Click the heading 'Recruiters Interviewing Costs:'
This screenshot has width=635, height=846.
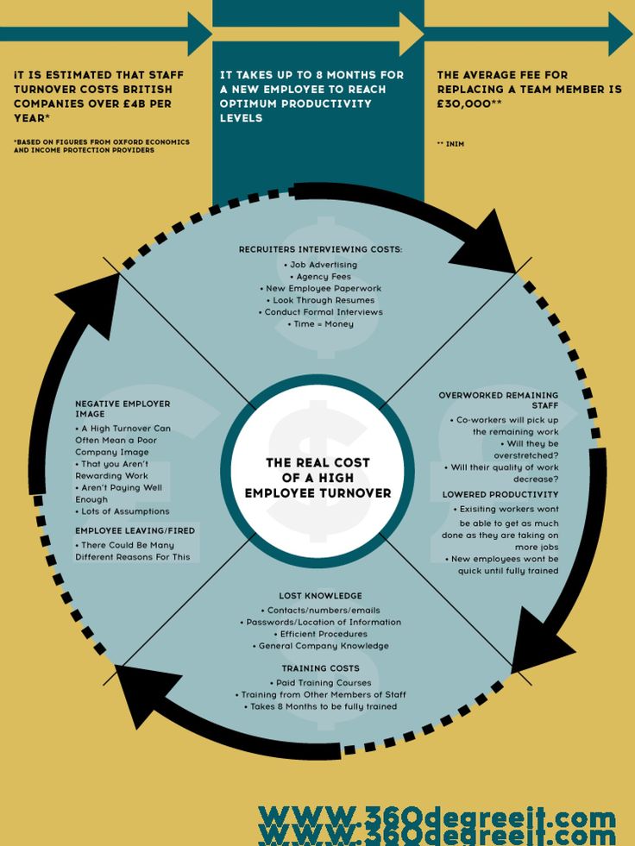[x=320, y=249]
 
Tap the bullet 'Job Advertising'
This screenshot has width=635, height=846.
[x=322, y=265]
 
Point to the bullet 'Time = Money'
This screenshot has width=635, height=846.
[x=321, y=323]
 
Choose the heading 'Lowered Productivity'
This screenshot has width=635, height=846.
[x=500, y=494]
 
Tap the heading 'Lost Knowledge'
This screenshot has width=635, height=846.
[x=320, y=596]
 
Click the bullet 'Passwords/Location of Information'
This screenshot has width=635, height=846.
[x=321, y=622]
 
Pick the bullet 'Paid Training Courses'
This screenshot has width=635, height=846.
[x=320, y=682]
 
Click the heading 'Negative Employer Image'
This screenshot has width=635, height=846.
[x=122, y=409]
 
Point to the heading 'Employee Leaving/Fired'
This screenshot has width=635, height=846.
[x=135, y=530]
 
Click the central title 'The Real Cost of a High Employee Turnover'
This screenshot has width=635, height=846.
[x=317, y=478]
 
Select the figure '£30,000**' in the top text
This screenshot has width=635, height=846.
[x=469, y=103]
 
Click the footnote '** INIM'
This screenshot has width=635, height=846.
[x=450, y=144]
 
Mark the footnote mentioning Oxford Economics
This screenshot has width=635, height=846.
[x=101, y=146]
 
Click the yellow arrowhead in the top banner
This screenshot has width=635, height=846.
[x=410, y=34]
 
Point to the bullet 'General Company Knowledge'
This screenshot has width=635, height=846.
[x=321, y=646]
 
